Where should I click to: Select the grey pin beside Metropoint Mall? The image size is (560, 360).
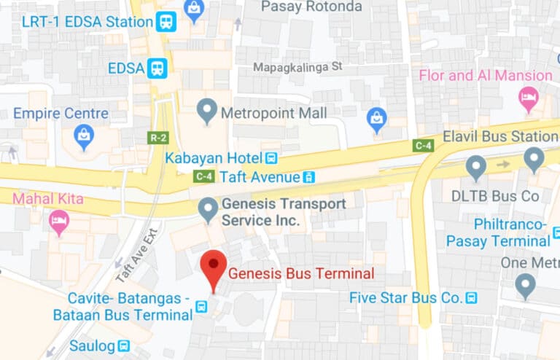[208, 111]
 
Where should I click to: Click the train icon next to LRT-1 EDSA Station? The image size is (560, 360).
[166, 21]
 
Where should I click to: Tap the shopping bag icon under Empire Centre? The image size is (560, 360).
[85, 135]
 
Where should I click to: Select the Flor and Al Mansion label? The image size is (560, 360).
[485, 76]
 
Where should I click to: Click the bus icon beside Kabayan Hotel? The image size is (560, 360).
[271, 157]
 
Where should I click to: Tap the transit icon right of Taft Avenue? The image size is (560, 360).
[309, 176]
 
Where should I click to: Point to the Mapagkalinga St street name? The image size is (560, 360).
[297, 67]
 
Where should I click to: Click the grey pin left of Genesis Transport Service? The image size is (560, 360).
[209, 210]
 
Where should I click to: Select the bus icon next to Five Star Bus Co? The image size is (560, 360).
[472, 297]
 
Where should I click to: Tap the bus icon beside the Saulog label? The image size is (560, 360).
[124, 345]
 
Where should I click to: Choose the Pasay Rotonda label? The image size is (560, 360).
[311, 7]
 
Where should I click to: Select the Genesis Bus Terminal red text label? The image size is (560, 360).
[301, 273]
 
